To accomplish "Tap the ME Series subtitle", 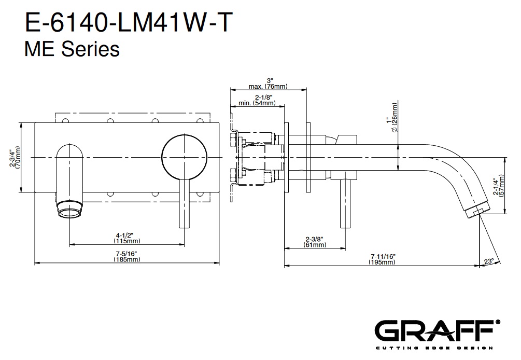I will point(72,49).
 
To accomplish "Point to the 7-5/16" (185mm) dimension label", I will point(128,257).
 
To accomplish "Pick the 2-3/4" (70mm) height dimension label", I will point(16,157).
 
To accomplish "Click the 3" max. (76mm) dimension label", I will point(269,84).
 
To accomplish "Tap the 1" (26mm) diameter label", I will point(392,119).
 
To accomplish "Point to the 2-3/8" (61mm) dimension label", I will point(314,242).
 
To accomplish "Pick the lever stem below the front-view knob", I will point(182,204).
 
